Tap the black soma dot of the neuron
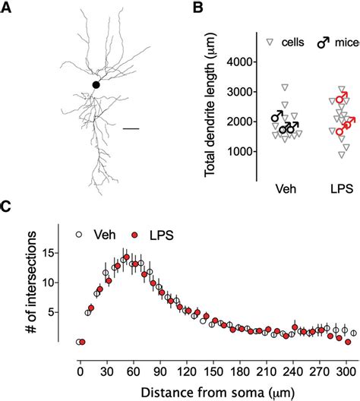96,85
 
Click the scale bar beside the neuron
131,128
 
